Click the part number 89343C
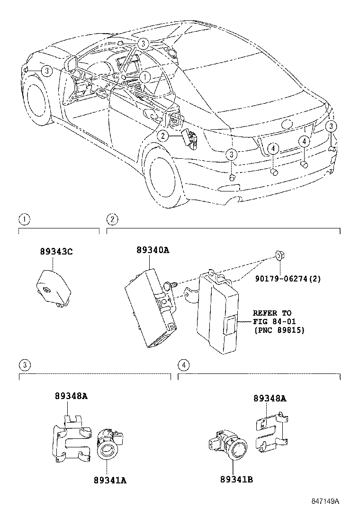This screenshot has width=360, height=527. pyautogui.click(x=56, y=252)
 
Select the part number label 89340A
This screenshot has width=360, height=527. pyautogui.click(x=153, y=250)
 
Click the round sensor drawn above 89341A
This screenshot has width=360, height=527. pyautogui.click(x=108, y=445)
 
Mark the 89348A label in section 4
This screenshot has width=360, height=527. pyautogui.click(x=270, y=399)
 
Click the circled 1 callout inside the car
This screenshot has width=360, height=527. pyautogui.click(x=145, y=76)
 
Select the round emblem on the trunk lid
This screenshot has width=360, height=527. pyautogui.click(x=288, y=124)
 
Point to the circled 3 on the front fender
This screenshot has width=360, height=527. pyautogui.click(x=45, y=71)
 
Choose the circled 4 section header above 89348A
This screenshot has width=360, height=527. pyautogui.click(x=183, y=364)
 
